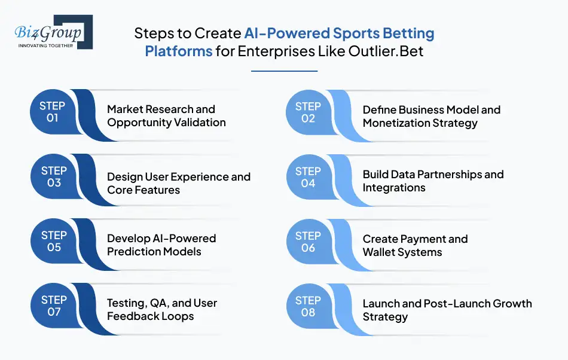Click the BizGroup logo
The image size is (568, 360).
click(x=54, y=32)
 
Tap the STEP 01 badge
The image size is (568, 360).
click(x=53, y=112)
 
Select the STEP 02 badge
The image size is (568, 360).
click(x=309, y=112)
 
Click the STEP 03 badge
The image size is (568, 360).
click(x=54, y=176)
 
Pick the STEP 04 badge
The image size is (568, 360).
click(x=309, y=177)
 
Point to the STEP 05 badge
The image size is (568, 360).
click(x=54, y=241)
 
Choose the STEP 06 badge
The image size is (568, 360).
click(x=309, y=242)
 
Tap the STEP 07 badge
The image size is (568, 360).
click(x=54, y=306)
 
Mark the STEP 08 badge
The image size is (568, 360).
click(x=309, y=306)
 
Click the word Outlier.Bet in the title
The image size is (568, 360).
click(x=386, y=51)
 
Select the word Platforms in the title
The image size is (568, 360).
click(x=179, y=51)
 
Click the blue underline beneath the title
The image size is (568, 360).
click(x=285, y=71)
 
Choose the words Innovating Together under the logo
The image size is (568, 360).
click(x=45, y=45)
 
